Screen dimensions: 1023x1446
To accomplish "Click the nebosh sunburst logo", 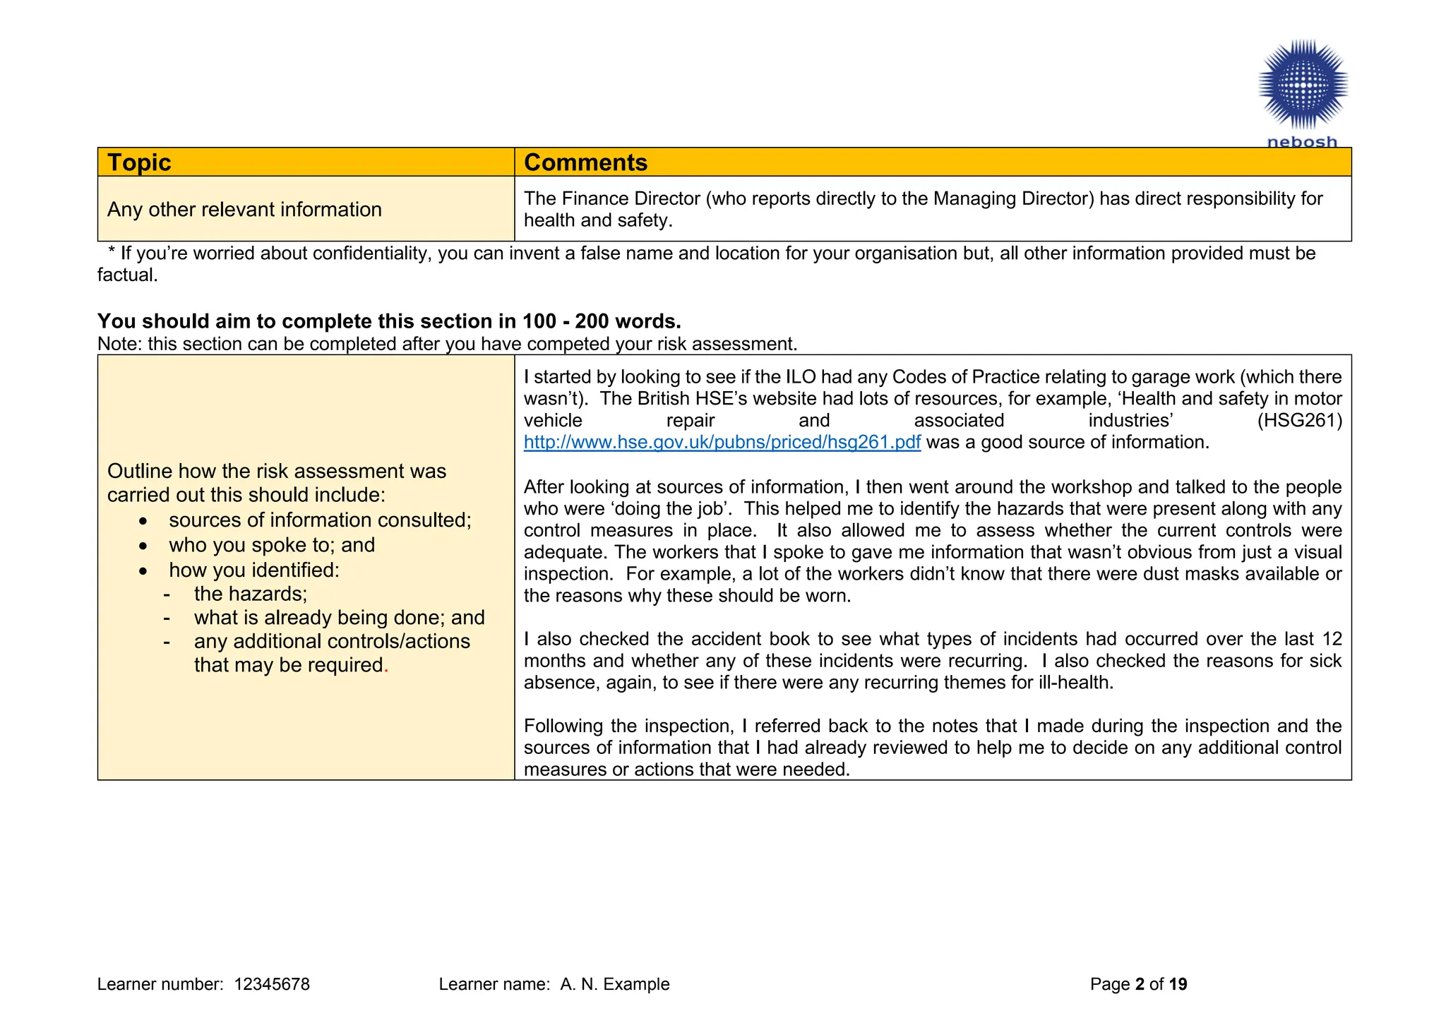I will click(x=1303, y=85).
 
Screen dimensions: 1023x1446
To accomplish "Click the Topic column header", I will click(x=139, y=162).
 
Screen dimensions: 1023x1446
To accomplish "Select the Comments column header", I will click(x=585, y=162).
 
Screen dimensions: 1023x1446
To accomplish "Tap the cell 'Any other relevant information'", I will click(x=244, y=210).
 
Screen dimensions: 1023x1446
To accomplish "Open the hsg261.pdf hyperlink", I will click(x=722, y=443).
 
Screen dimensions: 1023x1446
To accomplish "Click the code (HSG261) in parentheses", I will click(x=1299, y=421).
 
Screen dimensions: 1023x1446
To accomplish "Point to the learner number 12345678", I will click(x=272, y=984).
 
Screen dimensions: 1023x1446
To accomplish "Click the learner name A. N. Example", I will click(x=614, y=984).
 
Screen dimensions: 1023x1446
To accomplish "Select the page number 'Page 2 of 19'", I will click(x=1138, y=984).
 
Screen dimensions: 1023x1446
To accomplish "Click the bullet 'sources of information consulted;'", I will click(x=320, y=520).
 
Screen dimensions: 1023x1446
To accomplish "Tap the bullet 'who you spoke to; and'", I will click(x=272, y=545).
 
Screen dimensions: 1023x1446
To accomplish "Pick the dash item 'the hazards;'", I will click(x=251, y=594).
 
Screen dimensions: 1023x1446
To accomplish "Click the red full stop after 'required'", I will click(x=386, y=666).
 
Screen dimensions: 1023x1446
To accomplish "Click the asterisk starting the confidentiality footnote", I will click(x=112, y=253).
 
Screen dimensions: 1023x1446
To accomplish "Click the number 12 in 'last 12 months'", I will click(x=1332, y=639).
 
